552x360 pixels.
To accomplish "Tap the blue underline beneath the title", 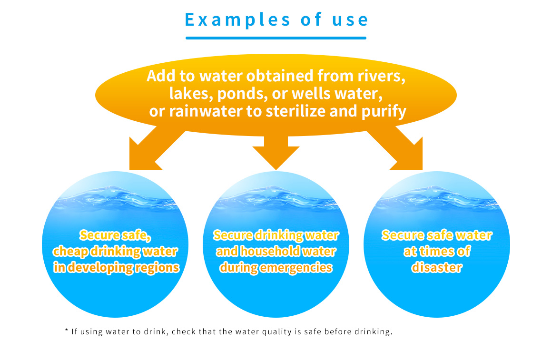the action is [x=276, y=38].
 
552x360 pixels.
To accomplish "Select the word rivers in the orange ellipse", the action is [x=381, y=77].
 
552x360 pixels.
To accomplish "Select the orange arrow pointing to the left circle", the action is [x=153, y=149].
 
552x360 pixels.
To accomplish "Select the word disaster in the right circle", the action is [x=436, y=268].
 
